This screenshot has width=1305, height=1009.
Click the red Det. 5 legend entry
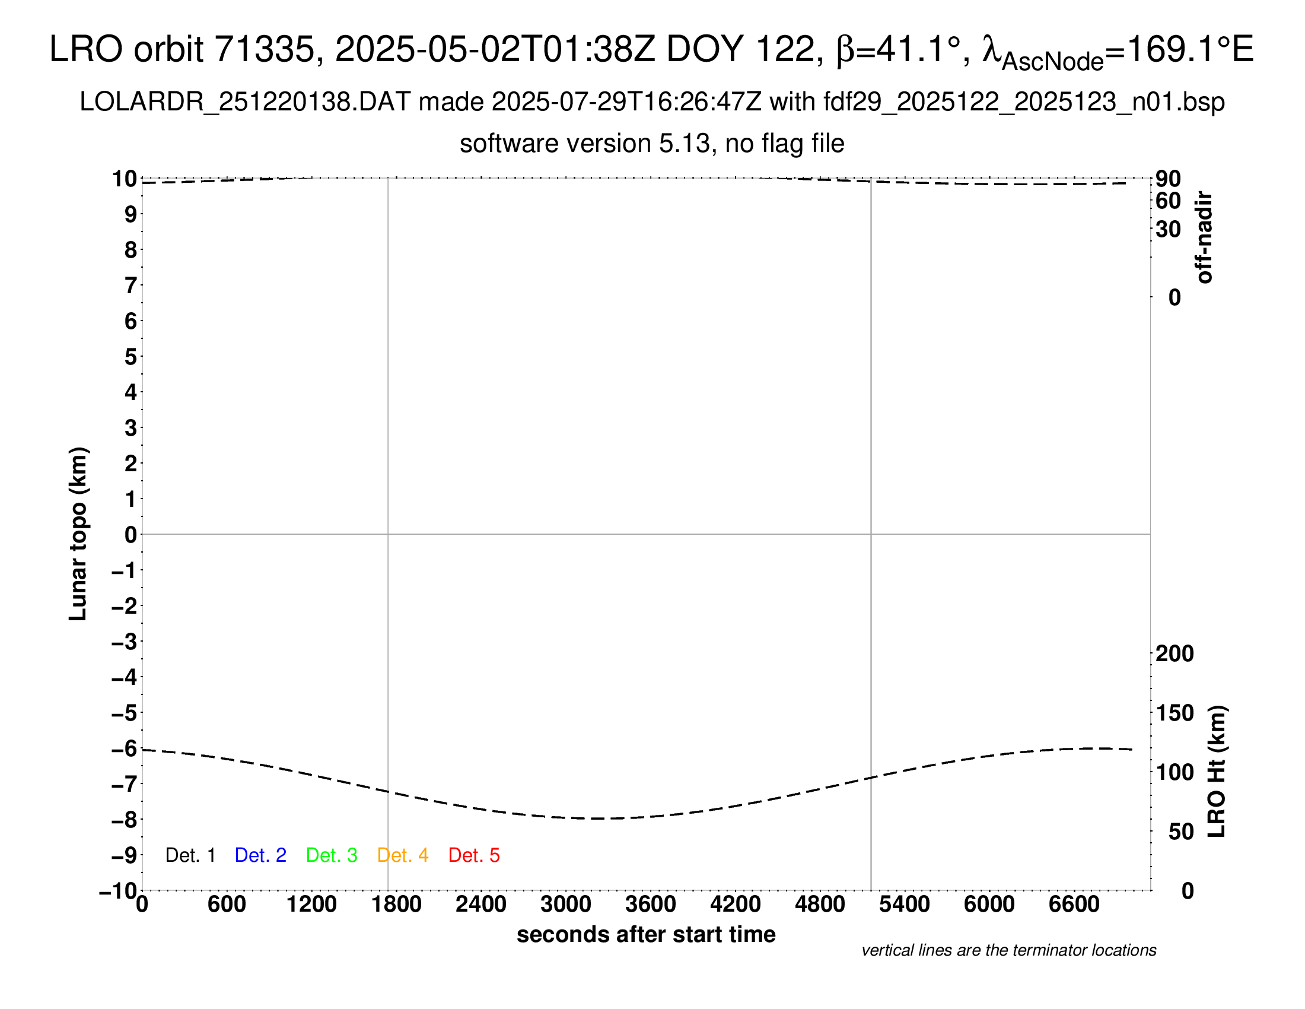474,855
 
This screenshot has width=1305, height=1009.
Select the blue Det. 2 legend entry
260,855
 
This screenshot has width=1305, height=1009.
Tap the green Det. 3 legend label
332,855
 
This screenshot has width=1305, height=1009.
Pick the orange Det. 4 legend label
403,855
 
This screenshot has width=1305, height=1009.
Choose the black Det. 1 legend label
190,855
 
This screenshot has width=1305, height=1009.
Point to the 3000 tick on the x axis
566,905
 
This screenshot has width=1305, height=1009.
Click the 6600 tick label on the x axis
1074,905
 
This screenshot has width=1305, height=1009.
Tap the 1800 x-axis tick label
396,905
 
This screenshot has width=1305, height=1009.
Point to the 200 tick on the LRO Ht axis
1174,653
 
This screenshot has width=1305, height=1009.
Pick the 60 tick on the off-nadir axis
1168,201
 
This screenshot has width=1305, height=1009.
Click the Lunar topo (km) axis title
78,534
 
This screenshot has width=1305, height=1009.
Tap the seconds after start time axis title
646,934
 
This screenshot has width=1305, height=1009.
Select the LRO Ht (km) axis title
1217,772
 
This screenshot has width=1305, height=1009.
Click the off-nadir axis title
1204,237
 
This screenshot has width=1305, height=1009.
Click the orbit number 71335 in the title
263,49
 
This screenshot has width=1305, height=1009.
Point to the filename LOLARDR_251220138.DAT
245,102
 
